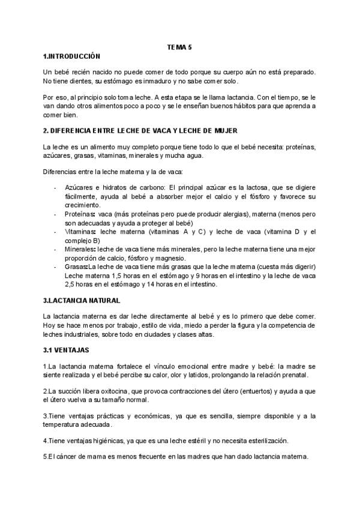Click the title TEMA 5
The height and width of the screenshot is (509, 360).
tap(179, 47)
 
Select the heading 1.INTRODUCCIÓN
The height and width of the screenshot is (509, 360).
tap(71, 56)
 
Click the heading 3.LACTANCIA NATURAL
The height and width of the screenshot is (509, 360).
tap(82, 300)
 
